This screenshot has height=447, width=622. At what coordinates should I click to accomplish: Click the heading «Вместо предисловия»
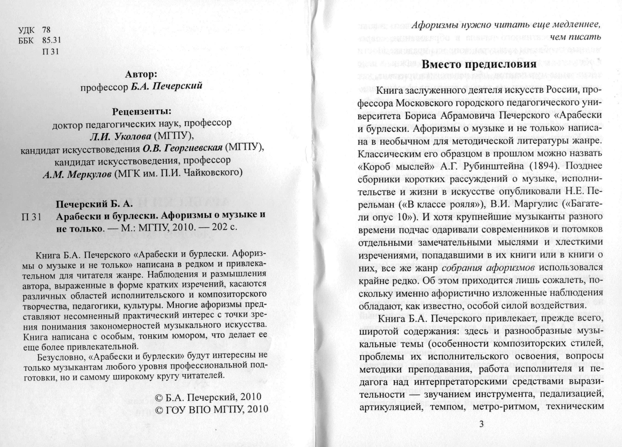(x=478, y=64)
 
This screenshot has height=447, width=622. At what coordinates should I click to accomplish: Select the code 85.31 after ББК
(x=51, y=40)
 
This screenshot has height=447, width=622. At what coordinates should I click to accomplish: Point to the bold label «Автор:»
(x=141, y=74)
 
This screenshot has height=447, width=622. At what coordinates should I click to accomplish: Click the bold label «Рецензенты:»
(x=141, y=112)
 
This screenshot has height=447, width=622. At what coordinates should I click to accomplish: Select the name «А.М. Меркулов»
(x=77, y=175)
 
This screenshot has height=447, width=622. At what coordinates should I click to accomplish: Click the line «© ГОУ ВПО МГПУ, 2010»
(x=211, y=410)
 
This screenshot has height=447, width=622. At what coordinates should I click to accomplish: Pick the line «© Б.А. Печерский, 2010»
(x=208, y=397)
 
